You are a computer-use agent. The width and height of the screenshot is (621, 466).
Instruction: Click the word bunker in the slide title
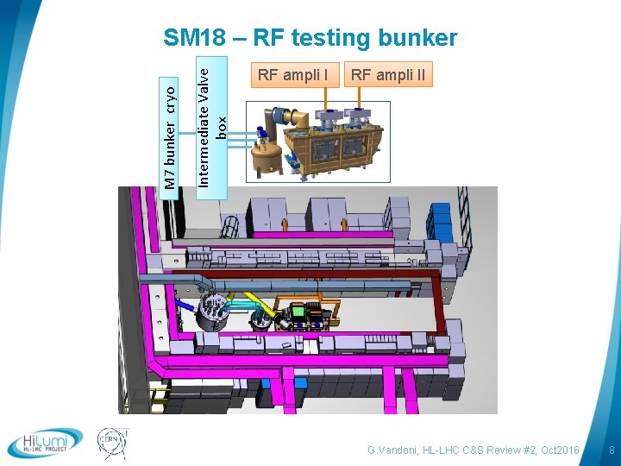(x=415, y=38)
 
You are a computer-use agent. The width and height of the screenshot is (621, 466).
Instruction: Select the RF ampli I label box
(x=292, y=75)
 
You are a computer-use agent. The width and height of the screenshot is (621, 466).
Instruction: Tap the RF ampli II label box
(x=387, y=75)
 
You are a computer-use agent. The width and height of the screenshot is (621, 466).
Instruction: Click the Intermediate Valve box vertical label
(x=211, y=121)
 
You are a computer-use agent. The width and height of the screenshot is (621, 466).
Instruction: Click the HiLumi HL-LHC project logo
(x=45, y=443)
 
